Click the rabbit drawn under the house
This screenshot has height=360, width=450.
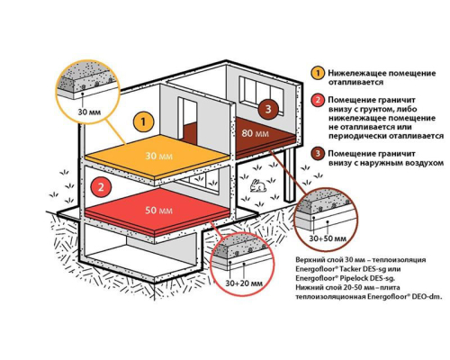pyautogui.click(x=258, y=185)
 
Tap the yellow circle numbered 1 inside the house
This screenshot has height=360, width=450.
pyautogui.click(x=144, y=122)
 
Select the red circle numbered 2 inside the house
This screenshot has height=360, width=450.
pyautogui.click(x=101, y=187)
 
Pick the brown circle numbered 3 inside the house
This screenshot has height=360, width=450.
pyautogui.click(x=268, y=109)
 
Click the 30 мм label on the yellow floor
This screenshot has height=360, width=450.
pyautogui.click(x=158, y=156)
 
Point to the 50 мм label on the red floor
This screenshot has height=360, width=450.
pyautogui.click(x=158, y=211)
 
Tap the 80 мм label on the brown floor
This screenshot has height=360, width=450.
pyautogui.click(x=255, y=133)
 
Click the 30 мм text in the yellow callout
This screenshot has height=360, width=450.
pyautogui.click(x=89, y=112)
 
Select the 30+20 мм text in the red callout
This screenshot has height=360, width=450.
pyautogui.click(x=243, y=283)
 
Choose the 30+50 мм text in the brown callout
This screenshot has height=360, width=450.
pyautogui.click(x=328, y=238)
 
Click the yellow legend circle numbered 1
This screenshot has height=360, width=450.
pyautogui.click(x=318, y=73)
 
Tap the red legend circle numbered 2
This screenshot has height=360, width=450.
pyautogui.click(x=318, y=100)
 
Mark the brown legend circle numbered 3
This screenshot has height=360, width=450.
pyautogui.click(x=318, y=154)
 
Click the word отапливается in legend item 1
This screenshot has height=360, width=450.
pyautogui.click(x=355, y=82)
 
